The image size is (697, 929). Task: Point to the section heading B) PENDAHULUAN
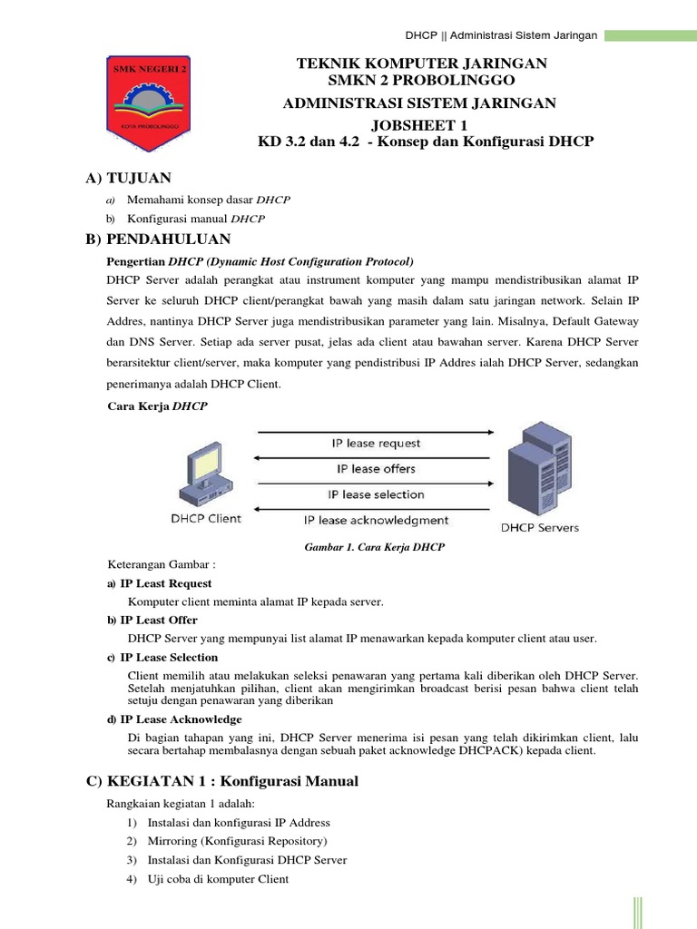pyautogui.click(x=158, y=240)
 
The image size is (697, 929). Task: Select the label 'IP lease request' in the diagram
pyautogui.click(x=375, y=444)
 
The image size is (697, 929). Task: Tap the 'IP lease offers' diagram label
pyautogui.click(x=376, y=469)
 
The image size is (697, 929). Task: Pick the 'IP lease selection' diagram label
pyautogui.click(x=376, y=494)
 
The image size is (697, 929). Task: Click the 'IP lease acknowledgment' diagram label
pyautogui.click(x=376, y=521)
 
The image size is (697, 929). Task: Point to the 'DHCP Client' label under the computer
pyautogui.click(x=206, y=519)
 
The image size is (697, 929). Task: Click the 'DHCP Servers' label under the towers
pyautogui.click(x=539, y=527)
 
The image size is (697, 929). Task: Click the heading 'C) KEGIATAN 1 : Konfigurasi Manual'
pyautogui.click(x=222, y=781)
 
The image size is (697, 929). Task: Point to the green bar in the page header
pyautogui.click(x=650, y=35)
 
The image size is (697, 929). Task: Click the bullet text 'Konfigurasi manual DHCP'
pyautogui.click(x=196, y=219)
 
